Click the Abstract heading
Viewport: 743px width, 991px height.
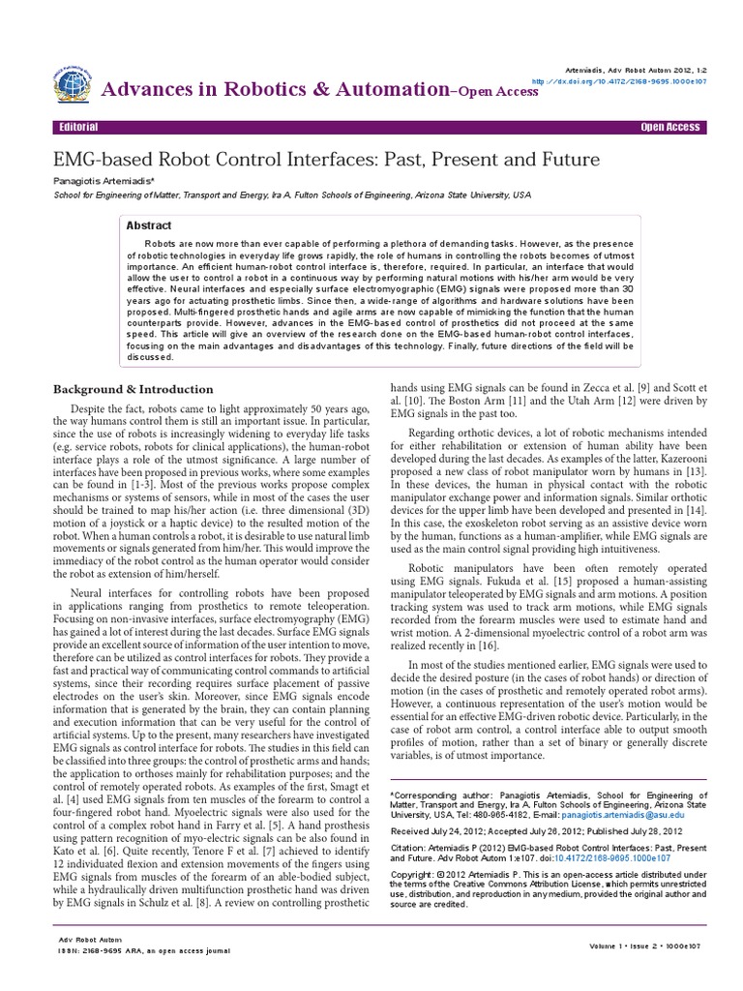149,225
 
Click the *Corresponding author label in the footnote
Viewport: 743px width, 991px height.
431,776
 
